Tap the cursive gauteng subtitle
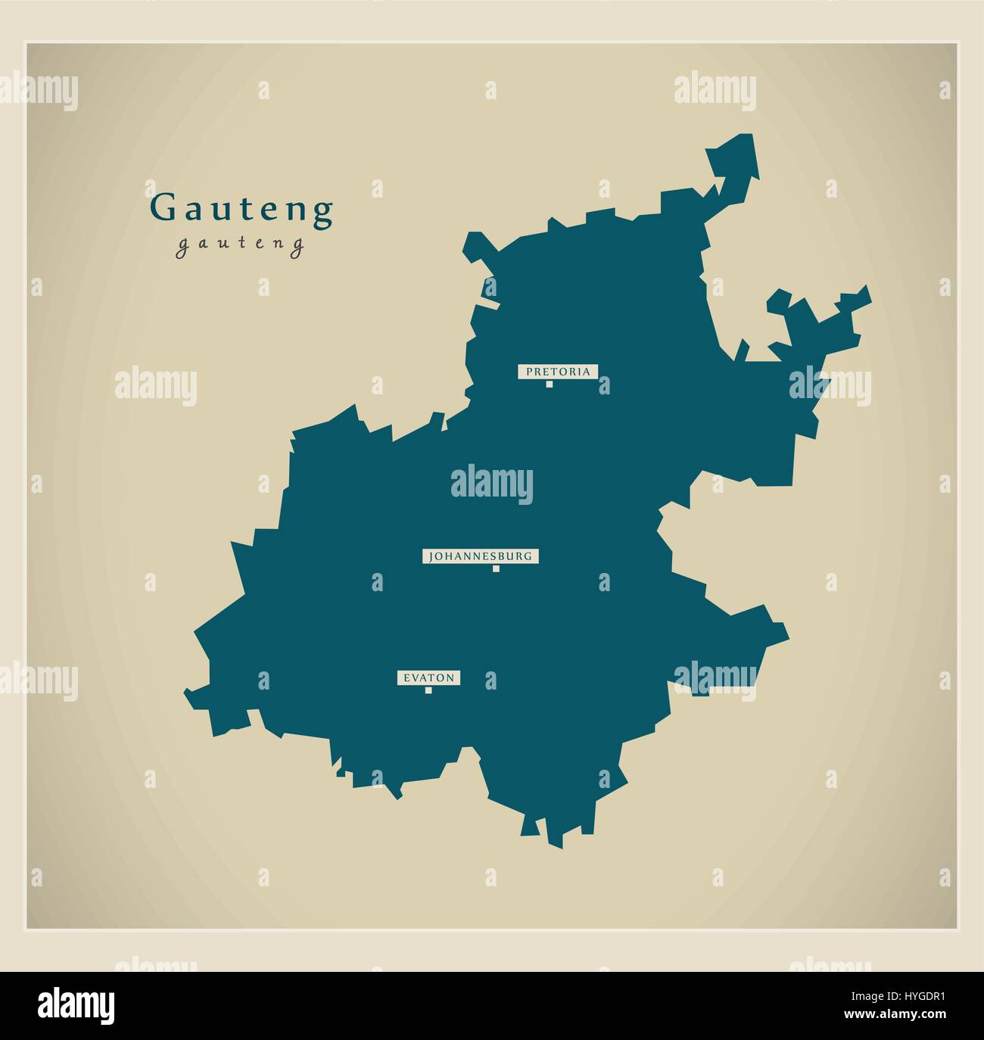(240, 245)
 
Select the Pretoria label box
(558, 371)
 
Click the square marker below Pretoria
(550, 384)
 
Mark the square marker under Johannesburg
(496, 569)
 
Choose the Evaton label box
(429, 678)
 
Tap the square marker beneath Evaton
(428, 690)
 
